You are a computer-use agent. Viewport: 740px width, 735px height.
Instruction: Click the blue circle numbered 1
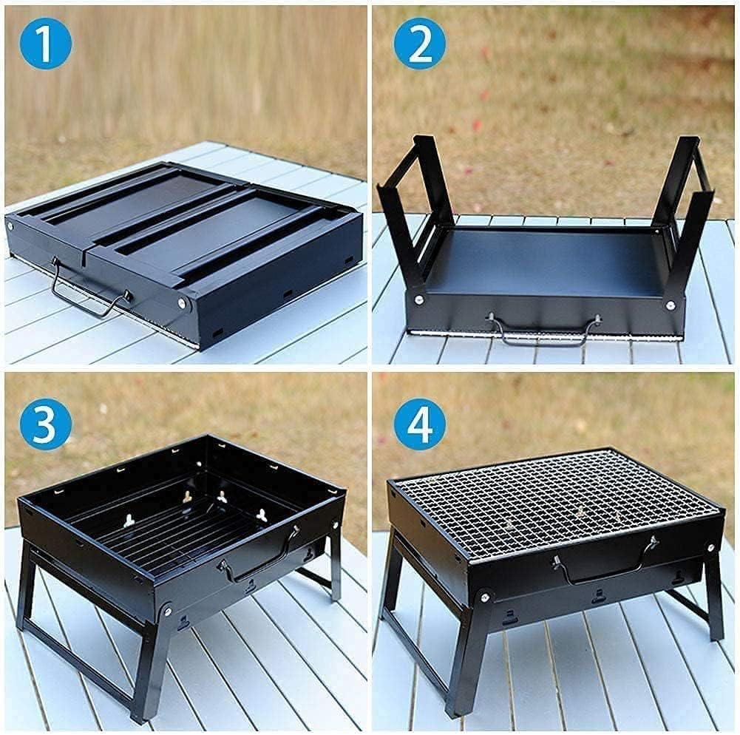pos(46,43)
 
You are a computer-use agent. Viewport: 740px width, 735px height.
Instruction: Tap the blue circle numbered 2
pos(419,43)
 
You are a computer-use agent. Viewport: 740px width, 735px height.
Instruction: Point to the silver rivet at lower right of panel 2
pos(670,304)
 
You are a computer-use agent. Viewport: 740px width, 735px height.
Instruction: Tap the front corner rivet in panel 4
pos(484,596)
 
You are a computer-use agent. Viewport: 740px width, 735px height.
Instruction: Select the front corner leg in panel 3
pos(152,665)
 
